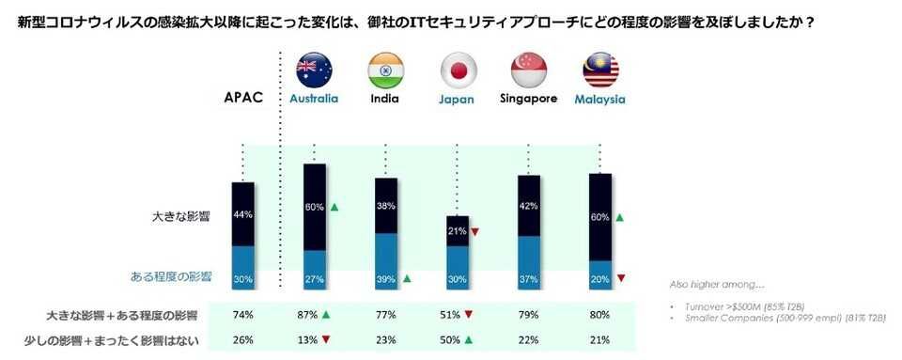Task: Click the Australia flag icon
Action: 314,69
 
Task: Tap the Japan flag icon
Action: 457,69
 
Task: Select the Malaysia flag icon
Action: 599,69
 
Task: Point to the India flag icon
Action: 385,69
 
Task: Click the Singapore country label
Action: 528,98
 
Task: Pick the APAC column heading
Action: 242,98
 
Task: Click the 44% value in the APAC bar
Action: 243,214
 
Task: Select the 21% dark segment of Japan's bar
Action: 457,231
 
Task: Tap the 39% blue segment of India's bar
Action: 385,278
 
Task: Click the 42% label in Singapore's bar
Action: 528,206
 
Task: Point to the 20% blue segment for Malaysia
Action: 599,278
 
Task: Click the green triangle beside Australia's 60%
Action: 334,206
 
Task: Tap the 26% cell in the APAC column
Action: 243,340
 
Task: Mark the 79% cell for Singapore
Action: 528,315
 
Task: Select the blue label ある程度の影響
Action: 170,277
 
